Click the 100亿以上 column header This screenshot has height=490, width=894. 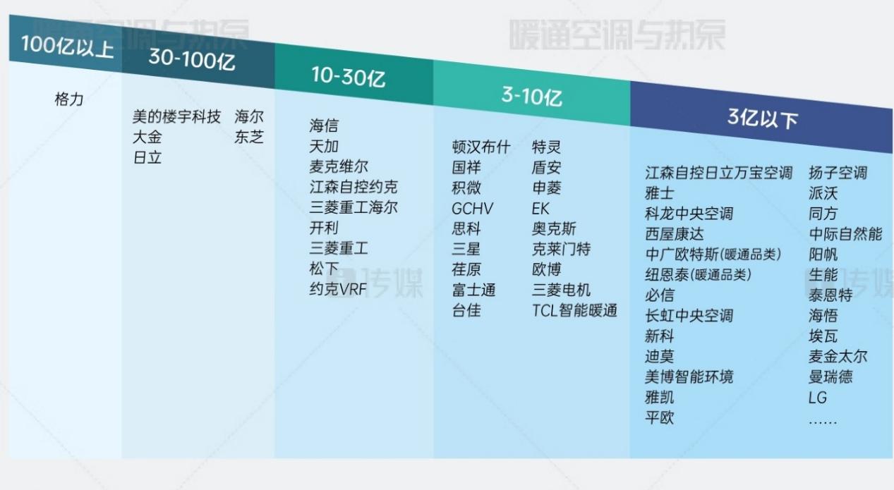(x=67, y=47)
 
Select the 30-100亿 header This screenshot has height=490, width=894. (x=192, y=59)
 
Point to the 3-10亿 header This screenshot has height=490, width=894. (x=531, y=96)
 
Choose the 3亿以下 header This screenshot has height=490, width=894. (x=763, y=118)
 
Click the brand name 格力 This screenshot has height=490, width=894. (x=69, y=99)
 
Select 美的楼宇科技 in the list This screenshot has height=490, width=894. (x=176, y=117)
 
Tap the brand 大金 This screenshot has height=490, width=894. (x=147, y=137)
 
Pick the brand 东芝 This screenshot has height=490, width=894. (x=249, y=137)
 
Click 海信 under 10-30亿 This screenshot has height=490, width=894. (x=324, y=125)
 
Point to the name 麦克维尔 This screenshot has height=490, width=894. (x=339, y=166)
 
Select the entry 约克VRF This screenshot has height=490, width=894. (x=338, y=289)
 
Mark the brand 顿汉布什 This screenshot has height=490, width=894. (x=481, y=147)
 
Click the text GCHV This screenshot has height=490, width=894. (x=473, y=208)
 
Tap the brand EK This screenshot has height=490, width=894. (x=540, y=209)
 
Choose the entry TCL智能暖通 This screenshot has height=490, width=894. (x=574, y=310)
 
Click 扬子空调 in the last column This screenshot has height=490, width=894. (x=838, y=173)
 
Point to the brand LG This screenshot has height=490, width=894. (x=817, y=398)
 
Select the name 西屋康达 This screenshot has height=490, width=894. (x=675, y=234)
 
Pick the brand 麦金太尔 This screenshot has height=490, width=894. (x=838, y=357)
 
